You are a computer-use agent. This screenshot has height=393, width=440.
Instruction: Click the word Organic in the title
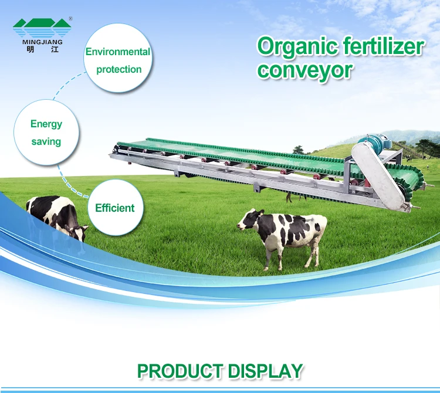point(297,46)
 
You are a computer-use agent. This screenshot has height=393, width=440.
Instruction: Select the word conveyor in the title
point(305,71)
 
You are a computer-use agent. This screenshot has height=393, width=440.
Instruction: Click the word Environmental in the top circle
point(118,52)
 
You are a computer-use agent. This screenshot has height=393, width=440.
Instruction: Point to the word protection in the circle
point(119,70)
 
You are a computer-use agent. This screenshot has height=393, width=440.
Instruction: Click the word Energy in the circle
point(46,124)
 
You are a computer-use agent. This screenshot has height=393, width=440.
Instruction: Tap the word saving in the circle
point(46,142)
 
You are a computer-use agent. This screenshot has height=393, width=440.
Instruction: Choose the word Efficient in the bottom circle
point(115,208)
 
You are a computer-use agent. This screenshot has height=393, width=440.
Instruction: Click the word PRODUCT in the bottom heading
point(180,371)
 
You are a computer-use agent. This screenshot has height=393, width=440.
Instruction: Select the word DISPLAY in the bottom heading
point(266,371)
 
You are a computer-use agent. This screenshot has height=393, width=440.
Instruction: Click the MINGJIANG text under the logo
point(42,42)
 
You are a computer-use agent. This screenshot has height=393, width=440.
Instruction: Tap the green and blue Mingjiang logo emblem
point(42,28)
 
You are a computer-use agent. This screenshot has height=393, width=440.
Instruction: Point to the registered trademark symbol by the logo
point(70,19)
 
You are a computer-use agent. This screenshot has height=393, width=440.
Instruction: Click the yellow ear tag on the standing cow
point(260,214)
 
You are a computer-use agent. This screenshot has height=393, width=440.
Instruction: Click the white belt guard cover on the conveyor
point(379,175)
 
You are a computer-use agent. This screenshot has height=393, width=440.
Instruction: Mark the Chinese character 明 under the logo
point(31,50)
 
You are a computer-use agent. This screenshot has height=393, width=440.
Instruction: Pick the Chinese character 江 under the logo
point(55,50)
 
